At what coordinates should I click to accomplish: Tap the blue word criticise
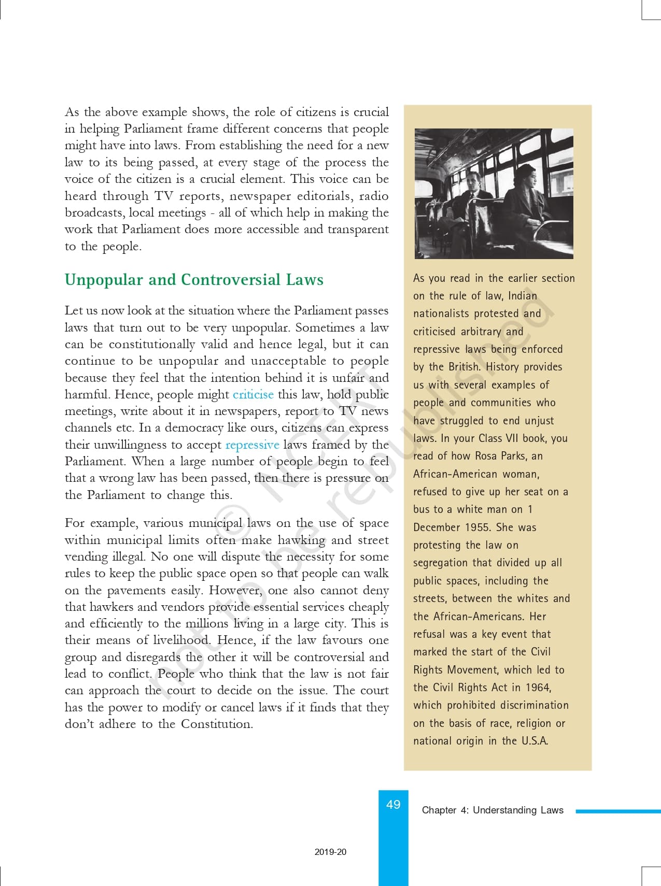coord(253,394)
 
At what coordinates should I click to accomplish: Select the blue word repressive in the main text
coord(252,445)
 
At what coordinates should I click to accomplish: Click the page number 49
coord(393,804)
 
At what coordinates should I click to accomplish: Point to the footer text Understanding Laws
coord(518,810)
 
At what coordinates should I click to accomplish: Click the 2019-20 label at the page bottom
coord(330,852)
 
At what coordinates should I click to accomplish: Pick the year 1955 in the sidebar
coord(477,527)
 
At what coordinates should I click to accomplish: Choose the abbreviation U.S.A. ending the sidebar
coord(535,741)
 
